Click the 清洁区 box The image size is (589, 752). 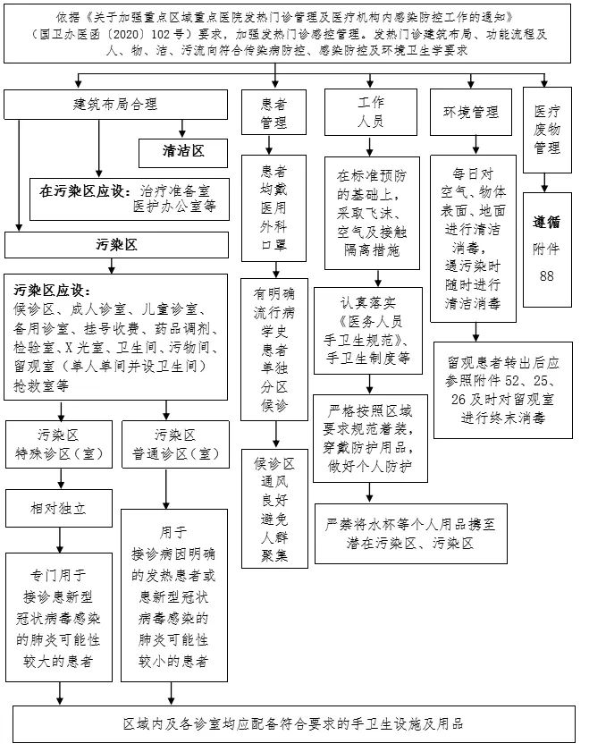pyautogui.click(x=183, y=151)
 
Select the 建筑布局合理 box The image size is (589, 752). pyautogui.click(x=115, y=105)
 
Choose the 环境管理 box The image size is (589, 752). pyautogui.click(x=471, y=113)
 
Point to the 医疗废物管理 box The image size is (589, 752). pyautogui.click(x=546, y=128)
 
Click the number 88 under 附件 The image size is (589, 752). pyautogui.click(x=546, y=276)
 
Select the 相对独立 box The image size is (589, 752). pyautogui.click(x=60, y=508)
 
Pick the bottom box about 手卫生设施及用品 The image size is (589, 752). pyautogui.click(x=294, y=722)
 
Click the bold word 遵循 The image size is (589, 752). pyautogui.click(x=546, y=223)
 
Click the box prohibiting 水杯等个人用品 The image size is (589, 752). pyautogui.click(x=399, y=534)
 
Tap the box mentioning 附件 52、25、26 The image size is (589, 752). pyautogui.click(x=503, y=390)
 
